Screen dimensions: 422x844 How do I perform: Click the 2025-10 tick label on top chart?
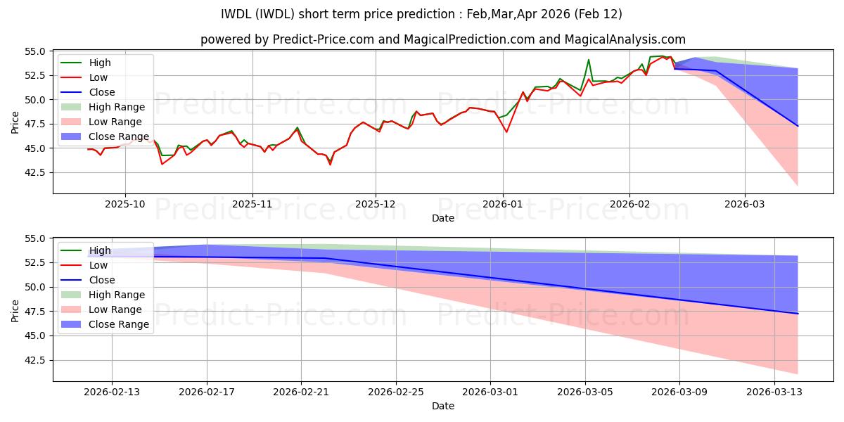[x=125, y=204]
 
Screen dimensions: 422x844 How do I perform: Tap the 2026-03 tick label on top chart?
[x=745, y=204]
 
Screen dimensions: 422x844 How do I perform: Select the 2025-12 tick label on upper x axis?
[x=376, y=204]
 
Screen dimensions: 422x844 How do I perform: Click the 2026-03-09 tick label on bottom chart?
[x=679, y=392]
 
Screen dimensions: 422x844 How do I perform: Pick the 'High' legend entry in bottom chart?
[x=100, y=250]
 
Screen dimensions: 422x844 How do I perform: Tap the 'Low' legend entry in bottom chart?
[x=98, y=265]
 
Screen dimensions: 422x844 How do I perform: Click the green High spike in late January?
[x=589, y=60]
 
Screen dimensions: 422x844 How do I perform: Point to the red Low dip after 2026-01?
[x=506, y=132]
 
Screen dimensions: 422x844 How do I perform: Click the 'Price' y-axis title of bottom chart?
[x=15, y=310]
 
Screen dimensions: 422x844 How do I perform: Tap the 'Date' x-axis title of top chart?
[x=442, y=218]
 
